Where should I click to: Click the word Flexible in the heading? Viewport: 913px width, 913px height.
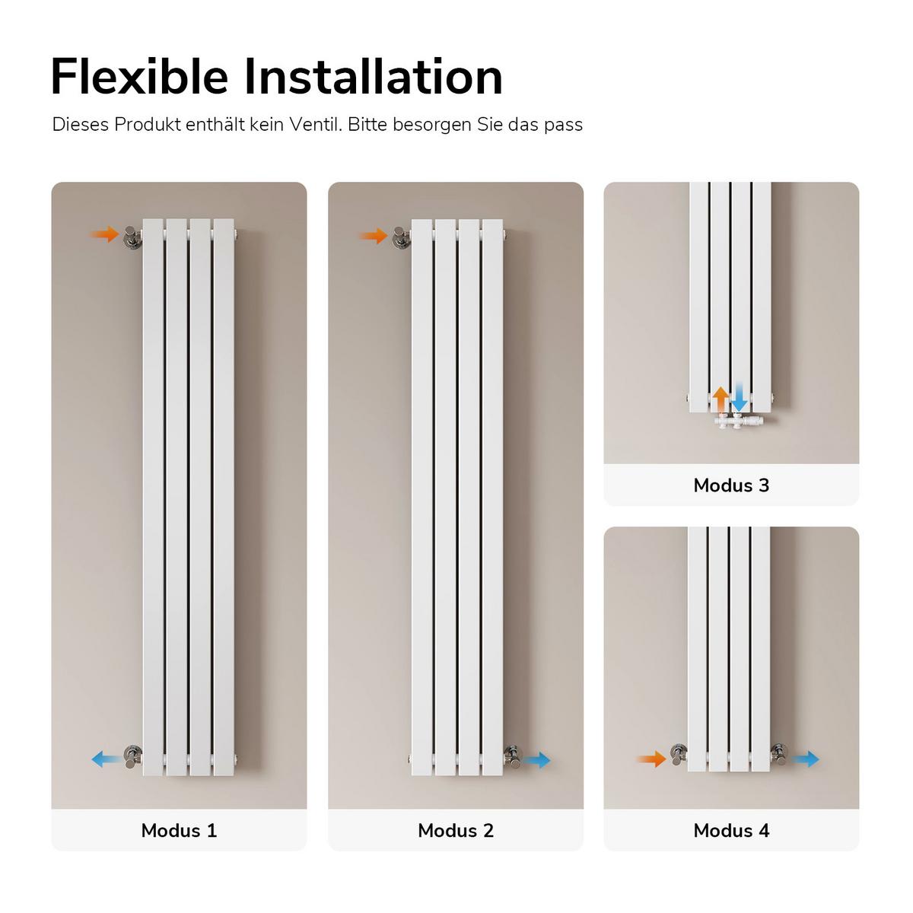point(139,77)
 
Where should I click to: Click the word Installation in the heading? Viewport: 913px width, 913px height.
point(374,77)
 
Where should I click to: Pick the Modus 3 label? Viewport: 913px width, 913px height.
point(731,485)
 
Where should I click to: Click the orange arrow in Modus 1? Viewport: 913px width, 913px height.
point(104,234)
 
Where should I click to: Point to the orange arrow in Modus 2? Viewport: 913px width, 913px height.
point(374,235)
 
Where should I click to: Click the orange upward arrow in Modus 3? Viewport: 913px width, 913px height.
point(721,399)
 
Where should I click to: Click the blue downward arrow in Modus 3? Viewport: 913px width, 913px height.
point(739,399)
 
